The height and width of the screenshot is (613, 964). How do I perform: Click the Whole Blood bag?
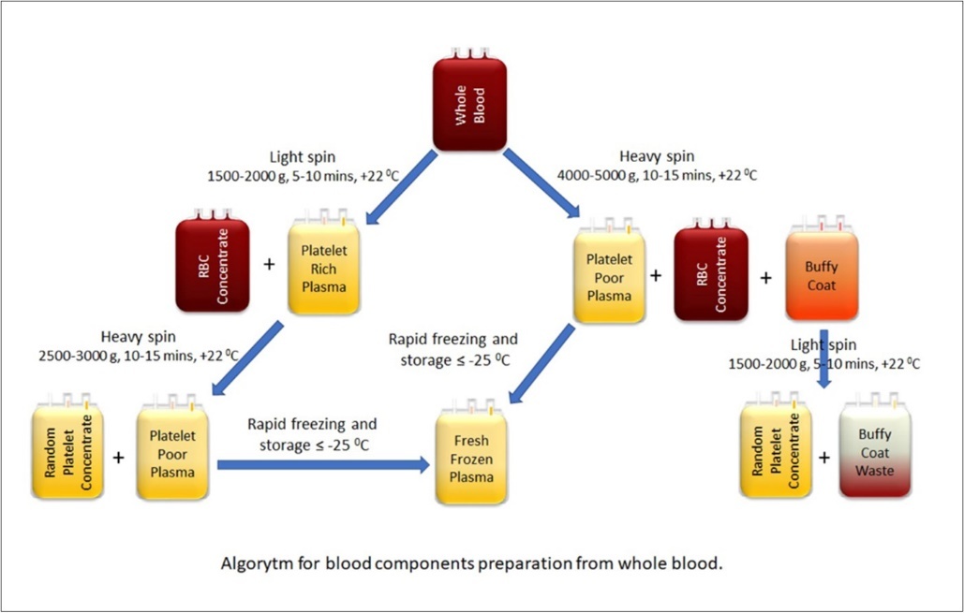[470, 97]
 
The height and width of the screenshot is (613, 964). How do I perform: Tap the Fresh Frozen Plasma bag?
[471, 453]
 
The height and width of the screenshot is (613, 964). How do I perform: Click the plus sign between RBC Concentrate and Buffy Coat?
[766, 277]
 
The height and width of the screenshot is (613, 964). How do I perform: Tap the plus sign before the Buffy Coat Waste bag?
[825, 458]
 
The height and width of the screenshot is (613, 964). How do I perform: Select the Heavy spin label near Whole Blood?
[656, 157]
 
